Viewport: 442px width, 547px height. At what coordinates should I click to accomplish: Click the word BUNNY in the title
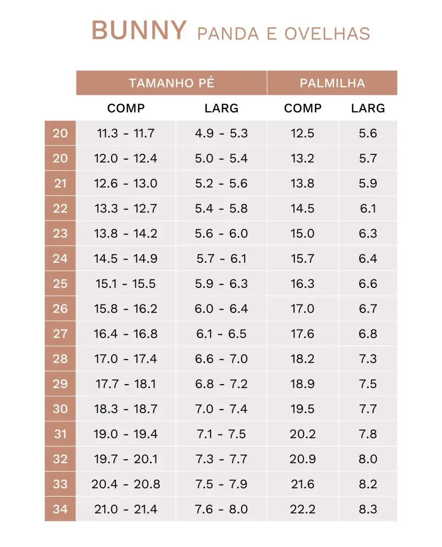click(x=139, y=30)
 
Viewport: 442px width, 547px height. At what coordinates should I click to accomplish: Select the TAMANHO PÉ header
click(x=171, y=83)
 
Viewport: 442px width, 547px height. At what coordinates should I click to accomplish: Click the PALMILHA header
click(x=332, y=83)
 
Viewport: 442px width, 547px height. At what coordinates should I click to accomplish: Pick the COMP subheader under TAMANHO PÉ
click(x=126, y=108)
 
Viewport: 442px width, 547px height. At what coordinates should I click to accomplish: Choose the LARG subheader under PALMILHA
click(x=368, y=108)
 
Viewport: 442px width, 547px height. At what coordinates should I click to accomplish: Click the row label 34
click(x=60, y=509)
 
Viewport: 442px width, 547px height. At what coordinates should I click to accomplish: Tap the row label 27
click(x=60, y=334)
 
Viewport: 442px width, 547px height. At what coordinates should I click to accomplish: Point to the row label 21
click(x=60, y=183)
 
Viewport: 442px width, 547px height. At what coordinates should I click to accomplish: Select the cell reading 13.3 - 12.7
click(x=126, y=208)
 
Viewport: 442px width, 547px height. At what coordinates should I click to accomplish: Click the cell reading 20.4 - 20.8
click(x=126, y=485)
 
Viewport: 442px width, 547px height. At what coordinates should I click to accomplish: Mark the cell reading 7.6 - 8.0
click(x=221, y=509)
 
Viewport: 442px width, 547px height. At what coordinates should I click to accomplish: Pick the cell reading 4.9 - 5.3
click(x=221, y=133)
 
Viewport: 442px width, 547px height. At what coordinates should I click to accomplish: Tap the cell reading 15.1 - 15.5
click(x=126, y=284)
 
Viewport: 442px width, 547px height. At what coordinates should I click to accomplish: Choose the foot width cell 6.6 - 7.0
click(x=221, y=359)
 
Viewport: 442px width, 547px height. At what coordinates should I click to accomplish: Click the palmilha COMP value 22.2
click(x=303, y=509)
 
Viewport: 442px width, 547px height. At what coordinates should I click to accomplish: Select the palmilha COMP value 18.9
click(x=303, y=384)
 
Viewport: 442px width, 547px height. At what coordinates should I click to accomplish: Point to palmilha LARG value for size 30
click(x=368, y=409)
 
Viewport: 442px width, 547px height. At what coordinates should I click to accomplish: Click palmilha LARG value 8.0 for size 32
click(x=368, y=459)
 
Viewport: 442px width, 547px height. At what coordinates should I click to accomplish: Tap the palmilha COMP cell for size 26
click(x=303, y=309)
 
